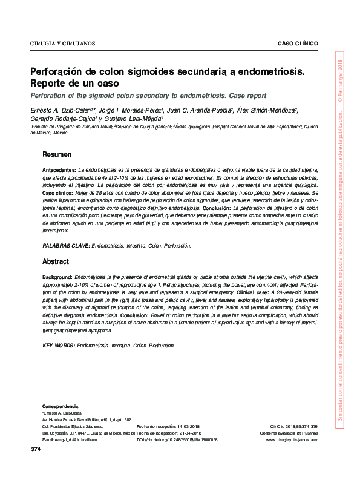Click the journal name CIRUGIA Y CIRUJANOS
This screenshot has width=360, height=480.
tap(62, 44)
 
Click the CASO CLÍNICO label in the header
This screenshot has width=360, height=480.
tap(297, 44)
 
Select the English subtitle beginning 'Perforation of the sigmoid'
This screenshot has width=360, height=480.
tap(148, 96)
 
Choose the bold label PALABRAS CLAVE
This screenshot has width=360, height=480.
tap(66, 246)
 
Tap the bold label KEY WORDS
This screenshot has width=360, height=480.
tap(59, 345)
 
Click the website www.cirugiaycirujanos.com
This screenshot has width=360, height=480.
tap(292, 441)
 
